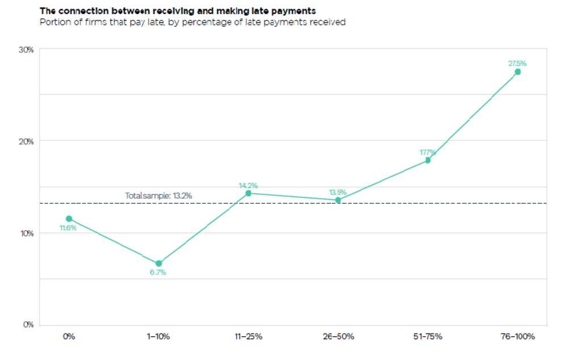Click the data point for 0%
tap(69, 219)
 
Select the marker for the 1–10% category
tap(158, 263)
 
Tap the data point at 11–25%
tap(248, 194)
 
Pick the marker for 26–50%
tap(338, 200)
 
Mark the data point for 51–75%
tap(428, 160)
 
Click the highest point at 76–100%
tap(517, 72)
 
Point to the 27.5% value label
tap(517, 64)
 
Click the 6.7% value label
tap(158, 273)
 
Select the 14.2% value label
tap(248, 185)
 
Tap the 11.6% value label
tap(68, 228)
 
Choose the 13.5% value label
tap(338, 192)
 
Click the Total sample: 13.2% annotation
tap(158, 196)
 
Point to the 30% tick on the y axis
tap(27, 50)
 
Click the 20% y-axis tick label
tap(27, 141)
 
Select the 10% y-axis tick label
tap(27, 233)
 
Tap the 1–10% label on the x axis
tap(158, 336)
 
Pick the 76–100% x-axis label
tap(517, 336)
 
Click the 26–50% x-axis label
tap(338, 336)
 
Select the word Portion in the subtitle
tap(54, 22)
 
